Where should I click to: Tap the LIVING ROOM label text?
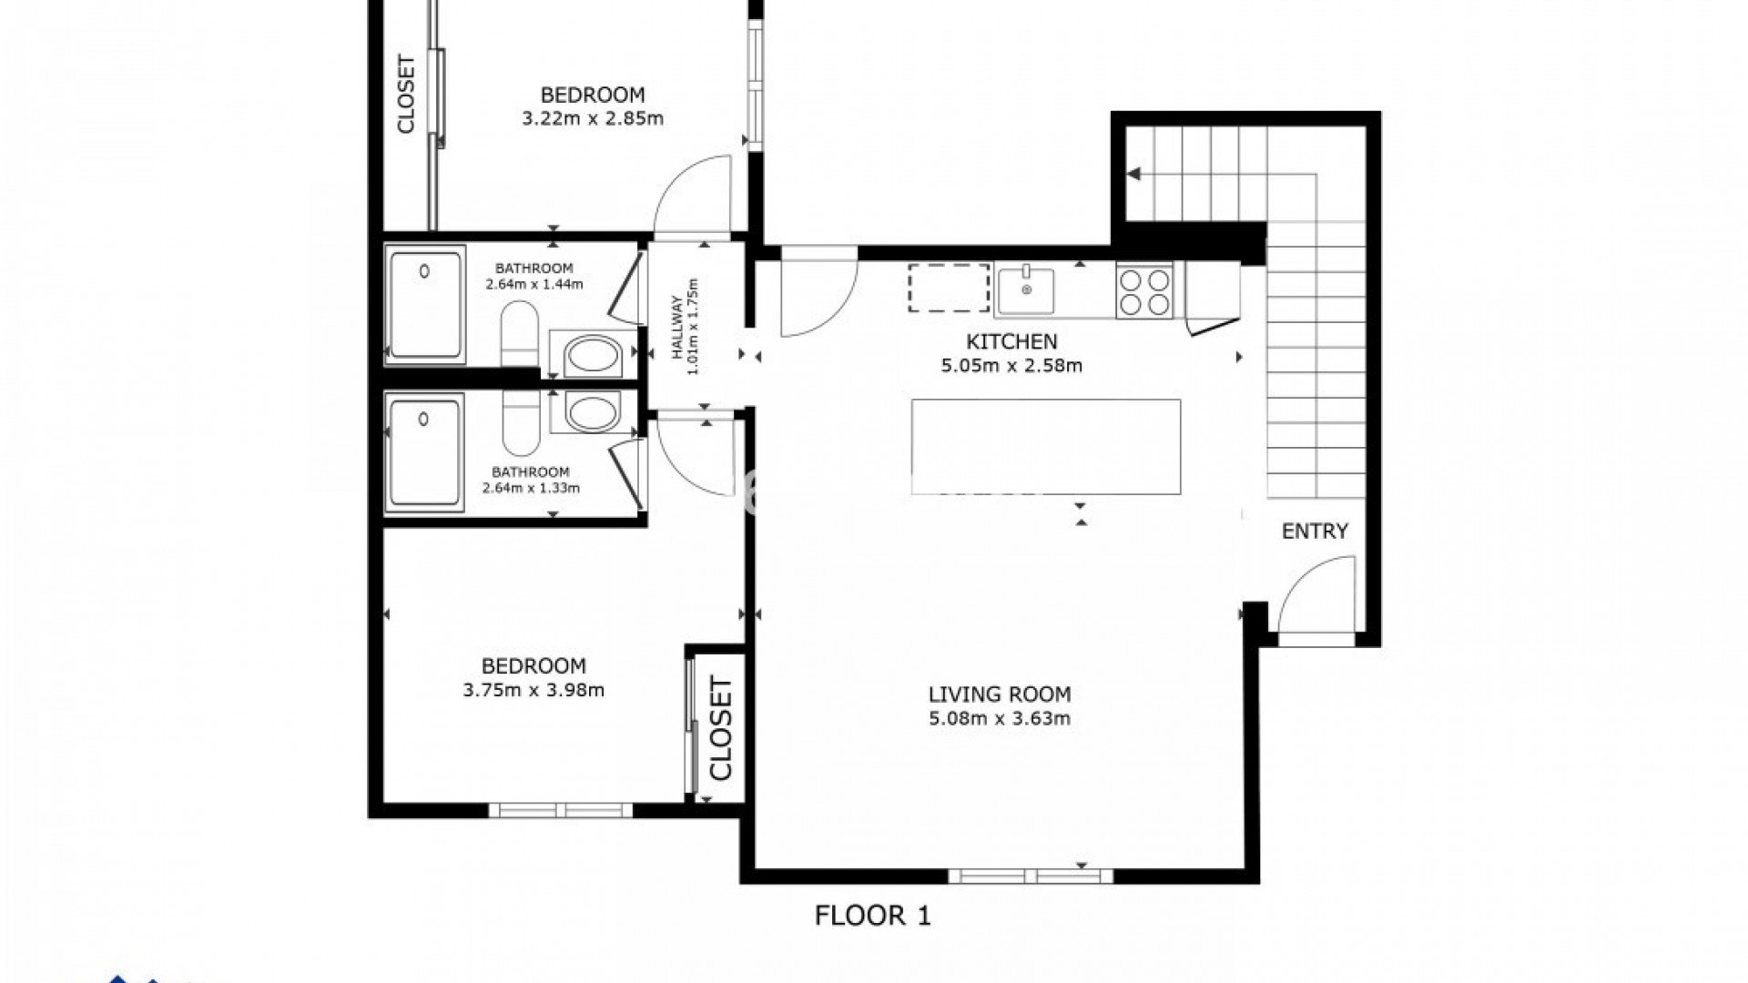[x=999, y=694]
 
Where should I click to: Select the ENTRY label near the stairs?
[x=1315, y=532]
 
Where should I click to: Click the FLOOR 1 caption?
[x=872, y=916]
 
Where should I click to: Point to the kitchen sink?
[x=1025, y=289]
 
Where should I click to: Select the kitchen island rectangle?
[x=1046, y=447]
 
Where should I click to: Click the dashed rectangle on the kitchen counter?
[x=949, y=288]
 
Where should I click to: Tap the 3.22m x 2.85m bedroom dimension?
[x=593, y=118]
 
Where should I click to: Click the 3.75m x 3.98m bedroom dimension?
[x=534, y=690]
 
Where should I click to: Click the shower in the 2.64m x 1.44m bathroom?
[x=425, y=305]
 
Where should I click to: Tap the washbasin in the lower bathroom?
[x=593, y=411]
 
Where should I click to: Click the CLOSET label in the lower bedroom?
[x=721, y=728]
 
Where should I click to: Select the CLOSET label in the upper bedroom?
[x=406, y=95]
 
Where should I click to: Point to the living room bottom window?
[x=1031, y=876]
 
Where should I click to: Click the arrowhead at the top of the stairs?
[x=1134, y=174]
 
